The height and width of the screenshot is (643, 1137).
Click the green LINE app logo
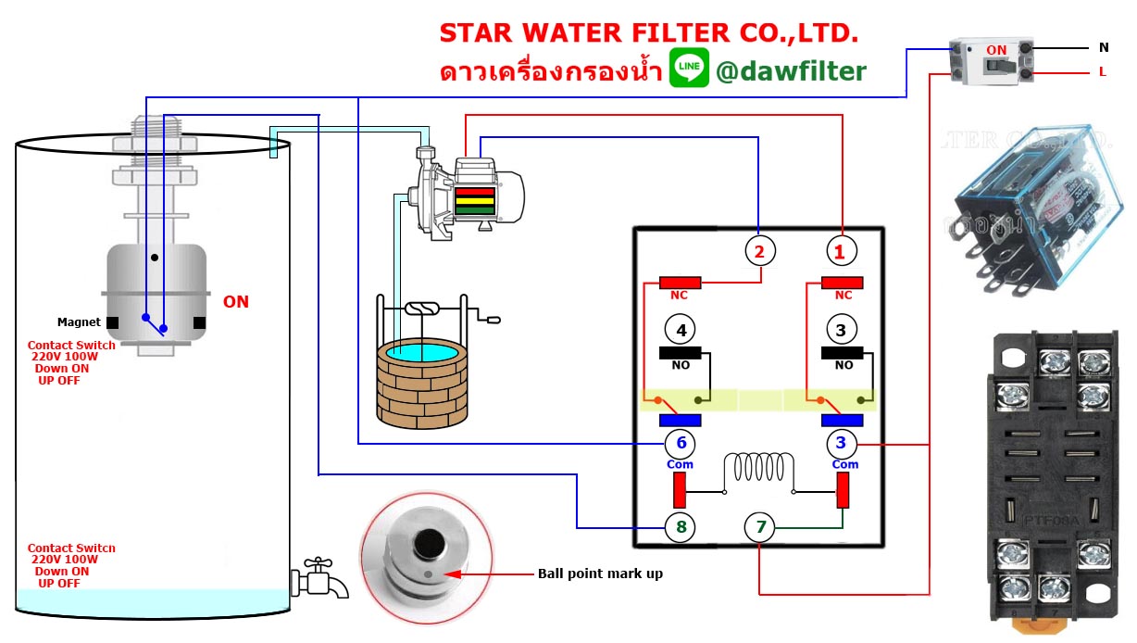click(x=689, y=69)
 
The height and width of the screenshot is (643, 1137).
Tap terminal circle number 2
click(x=760, y=250)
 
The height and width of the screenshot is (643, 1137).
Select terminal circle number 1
click(x=842, y=250)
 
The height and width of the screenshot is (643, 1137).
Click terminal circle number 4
click(x=681, y=330)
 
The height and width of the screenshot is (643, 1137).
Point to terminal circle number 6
click(x=681, y=444)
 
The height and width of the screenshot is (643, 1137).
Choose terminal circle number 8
click(x=681, y=528)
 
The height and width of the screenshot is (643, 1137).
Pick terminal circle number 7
click(x=760, y=528)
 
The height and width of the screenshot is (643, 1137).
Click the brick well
click(x=421, y=380)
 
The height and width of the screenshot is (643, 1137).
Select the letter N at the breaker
click(x=1103, y=47)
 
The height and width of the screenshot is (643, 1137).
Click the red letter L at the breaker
click(x=1102, y=71)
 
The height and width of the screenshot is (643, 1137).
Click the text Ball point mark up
click(x=600, y=574)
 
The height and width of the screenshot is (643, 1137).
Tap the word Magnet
click(x=79, y=322)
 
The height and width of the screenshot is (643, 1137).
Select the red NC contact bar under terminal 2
click(x=680, y=283)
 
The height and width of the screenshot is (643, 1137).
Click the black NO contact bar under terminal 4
click(x=680, y=352)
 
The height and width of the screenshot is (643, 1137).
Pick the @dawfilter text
click(x=791, y=71)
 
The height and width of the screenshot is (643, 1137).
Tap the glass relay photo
click(x=1030, y=222)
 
